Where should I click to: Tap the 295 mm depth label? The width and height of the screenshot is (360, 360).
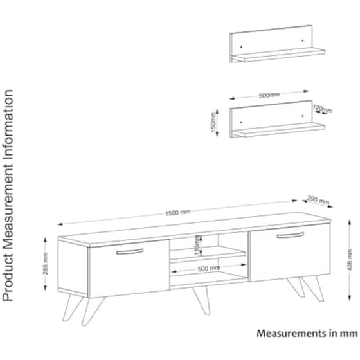[x=318, y=199]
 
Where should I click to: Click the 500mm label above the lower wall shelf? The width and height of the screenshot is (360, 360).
[x=269, y=95]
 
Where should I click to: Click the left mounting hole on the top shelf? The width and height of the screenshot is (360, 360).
[x=240, y=46]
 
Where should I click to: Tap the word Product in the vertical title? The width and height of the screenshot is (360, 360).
[x=9, y=281]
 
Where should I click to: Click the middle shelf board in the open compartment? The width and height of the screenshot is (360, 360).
[x=208, y=258]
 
